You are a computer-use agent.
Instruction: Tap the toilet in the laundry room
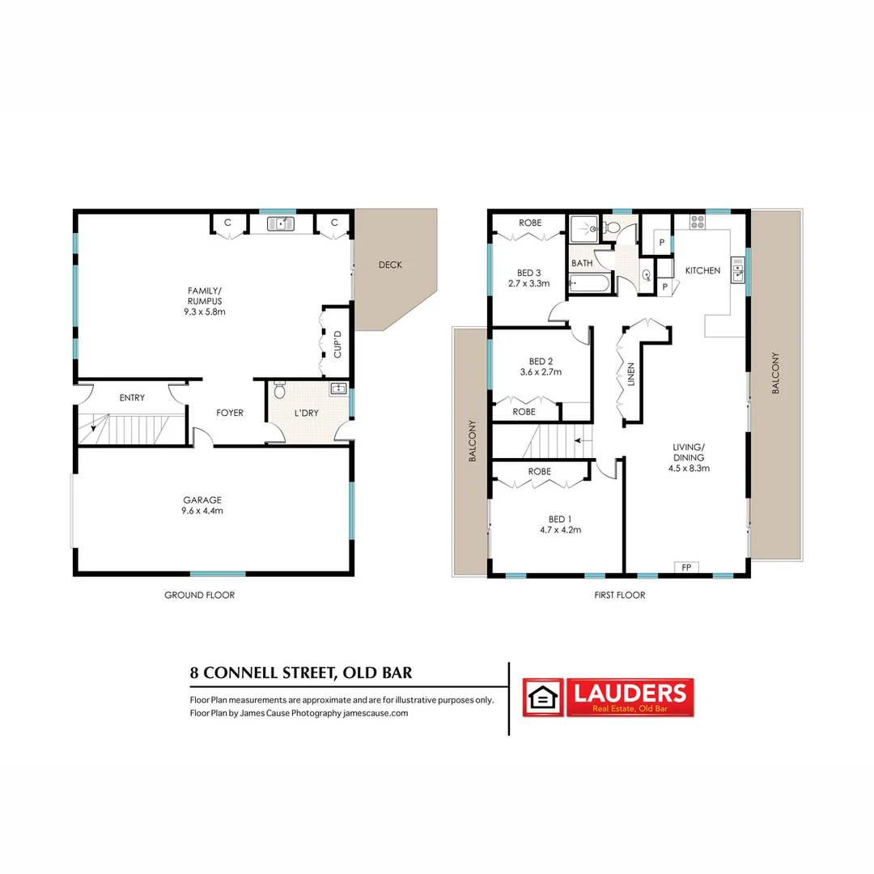tap(280, 391)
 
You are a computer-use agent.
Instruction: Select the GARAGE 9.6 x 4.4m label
tap(202, 505)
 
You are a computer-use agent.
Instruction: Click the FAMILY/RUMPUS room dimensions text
tap(206, 311)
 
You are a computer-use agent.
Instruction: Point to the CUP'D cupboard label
tap(337, 343)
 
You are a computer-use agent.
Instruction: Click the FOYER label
tap(230, 413)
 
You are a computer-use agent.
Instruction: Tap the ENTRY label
tap(132, 397)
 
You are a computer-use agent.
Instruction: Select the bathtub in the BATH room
tap(592, 282)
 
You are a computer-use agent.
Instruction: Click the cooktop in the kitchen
tap(698, 222)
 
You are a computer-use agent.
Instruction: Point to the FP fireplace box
tap(686, 567)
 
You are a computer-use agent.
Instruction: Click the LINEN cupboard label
tap(631, 376)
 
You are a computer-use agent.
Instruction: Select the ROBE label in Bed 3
tap(530, 223)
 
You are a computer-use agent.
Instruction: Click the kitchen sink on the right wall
tap(737, 270)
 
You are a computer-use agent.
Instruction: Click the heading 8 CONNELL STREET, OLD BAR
tap(301, 672)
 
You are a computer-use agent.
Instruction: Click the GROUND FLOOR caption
tap(199, 595)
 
